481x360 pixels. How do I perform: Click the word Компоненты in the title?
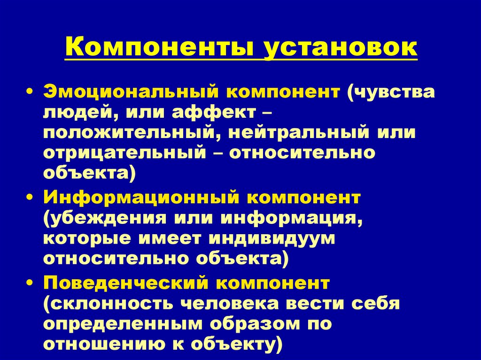pyautogui.click(x=160, y=49)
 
